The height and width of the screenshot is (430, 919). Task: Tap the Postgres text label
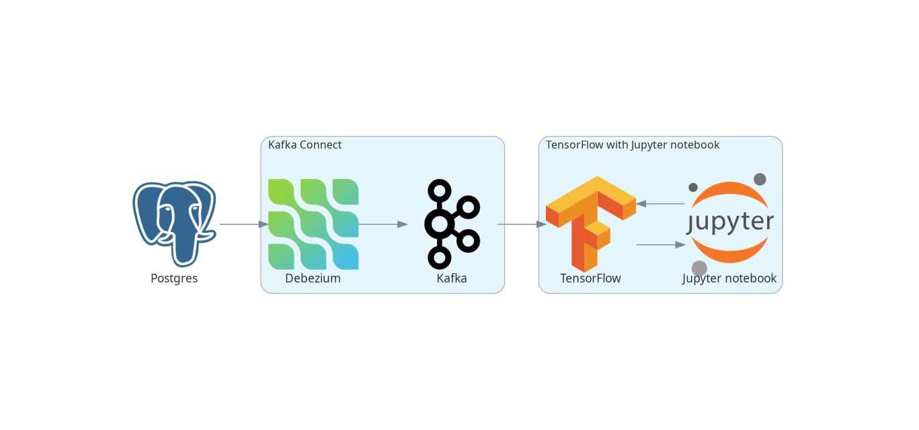[174, 279]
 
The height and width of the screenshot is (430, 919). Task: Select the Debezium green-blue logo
[313, 224]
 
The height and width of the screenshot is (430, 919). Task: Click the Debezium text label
[313, 279]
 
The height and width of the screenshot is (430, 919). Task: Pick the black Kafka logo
[452, 224]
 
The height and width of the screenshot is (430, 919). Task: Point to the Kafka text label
[452, 279]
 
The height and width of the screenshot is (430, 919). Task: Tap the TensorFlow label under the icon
[590, 279]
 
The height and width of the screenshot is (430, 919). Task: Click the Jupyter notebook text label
[729, 279]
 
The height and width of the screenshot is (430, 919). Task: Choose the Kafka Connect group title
[305, 145]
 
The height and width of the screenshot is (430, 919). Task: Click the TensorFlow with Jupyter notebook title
[633, 145]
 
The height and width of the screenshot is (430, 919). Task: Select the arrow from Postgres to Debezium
[243, 224]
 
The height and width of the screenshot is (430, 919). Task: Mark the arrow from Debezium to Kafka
[383, 224]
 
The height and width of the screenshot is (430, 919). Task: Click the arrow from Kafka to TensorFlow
[522, 224]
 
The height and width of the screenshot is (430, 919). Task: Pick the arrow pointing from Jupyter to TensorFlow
[660, 203]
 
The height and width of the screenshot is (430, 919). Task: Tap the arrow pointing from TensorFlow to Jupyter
[660, 245]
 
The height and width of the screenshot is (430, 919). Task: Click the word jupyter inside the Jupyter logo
[730, 222]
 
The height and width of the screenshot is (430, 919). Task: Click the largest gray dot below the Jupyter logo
[699, 268]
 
